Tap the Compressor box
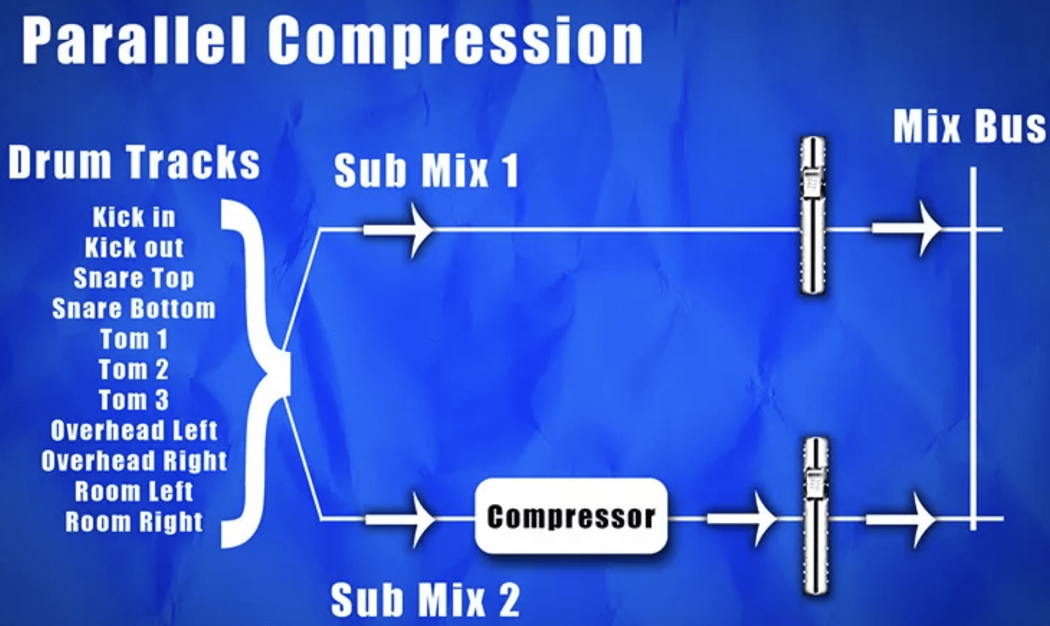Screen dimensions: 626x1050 (x=571, y=516)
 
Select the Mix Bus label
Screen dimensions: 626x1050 (x=969, y=127)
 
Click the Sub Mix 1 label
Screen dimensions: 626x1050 (x=426, y=170)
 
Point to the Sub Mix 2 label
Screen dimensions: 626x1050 (x=425, y=599)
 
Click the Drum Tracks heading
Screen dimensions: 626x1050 (x=134, y=162)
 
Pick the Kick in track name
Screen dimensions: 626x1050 (x=134, y=217)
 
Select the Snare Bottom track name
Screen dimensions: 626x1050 (x=134, y=309)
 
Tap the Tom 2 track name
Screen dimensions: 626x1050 (x=134, y=369)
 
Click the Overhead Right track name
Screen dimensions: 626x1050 (x=134, y=461)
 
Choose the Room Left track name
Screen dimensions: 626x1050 (x=134, y=491)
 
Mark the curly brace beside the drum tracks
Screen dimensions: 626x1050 (x=255, y=373)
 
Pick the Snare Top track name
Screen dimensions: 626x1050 (x=134, y=278)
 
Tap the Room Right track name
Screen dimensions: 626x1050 (x=134, y=522)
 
